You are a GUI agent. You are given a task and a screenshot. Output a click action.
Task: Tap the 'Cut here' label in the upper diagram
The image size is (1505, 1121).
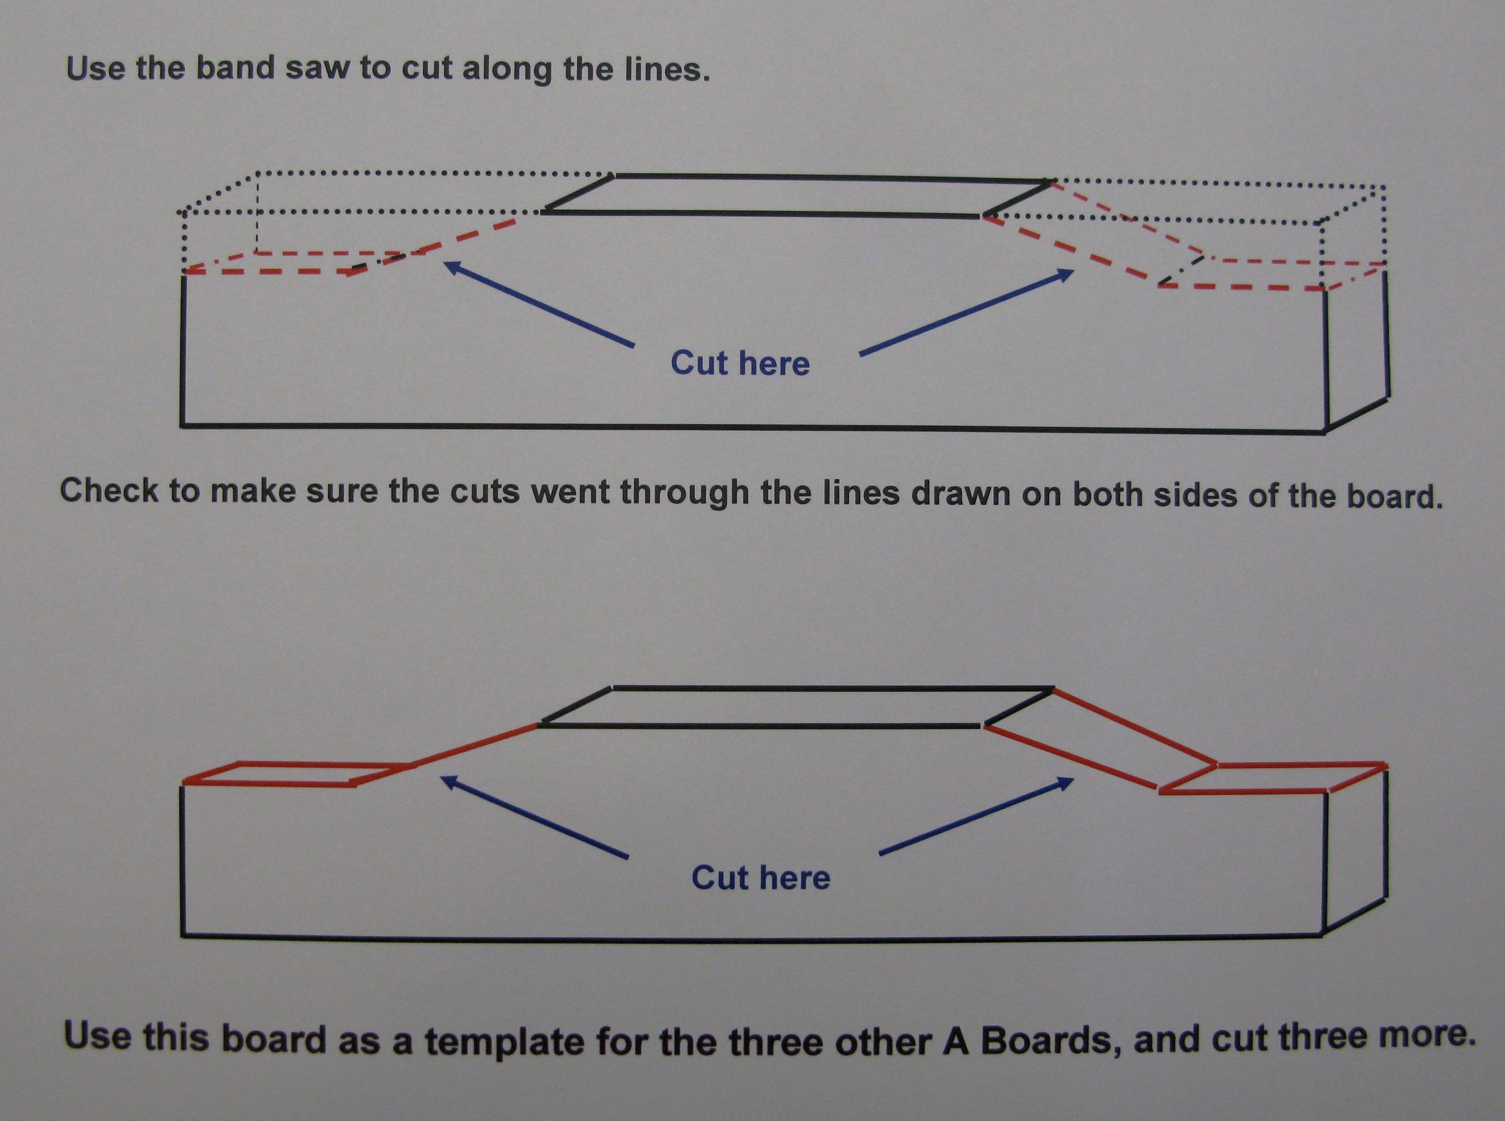click(x=740, y=363)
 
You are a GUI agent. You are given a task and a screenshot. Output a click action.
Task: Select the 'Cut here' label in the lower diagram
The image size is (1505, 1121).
click(x=760, y=878)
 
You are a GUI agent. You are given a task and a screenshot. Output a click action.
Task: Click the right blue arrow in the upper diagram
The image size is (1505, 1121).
click(x=966, y=312)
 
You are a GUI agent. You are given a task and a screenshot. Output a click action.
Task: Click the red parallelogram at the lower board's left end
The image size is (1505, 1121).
click(x=297, y=773)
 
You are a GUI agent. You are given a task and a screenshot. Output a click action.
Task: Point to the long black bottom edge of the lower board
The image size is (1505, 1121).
click(x=751, y=938)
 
